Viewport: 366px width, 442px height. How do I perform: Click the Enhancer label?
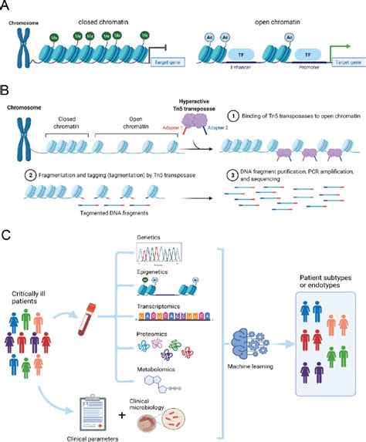click(232, 79)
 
